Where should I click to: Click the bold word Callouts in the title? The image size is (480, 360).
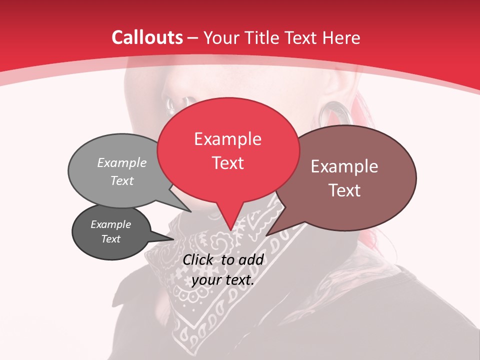click(147, 37)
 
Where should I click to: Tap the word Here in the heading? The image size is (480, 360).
click(341, 37)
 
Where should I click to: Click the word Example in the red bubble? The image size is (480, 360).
click(227, 139)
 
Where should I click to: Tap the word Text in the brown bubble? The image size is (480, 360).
click(344, 190)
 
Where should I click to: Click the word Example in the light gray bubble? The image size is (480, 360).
click(121, 162)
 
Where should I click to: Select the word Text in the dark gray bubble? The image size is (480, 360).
click(111, 239)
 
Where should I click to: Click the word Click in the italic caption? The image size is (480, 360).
click(199, 259)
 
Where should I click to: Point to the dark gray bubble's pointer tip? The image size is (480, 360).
click(173, 239)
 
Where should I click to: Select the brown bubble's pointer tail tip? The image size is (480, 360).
click(266, 235)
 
